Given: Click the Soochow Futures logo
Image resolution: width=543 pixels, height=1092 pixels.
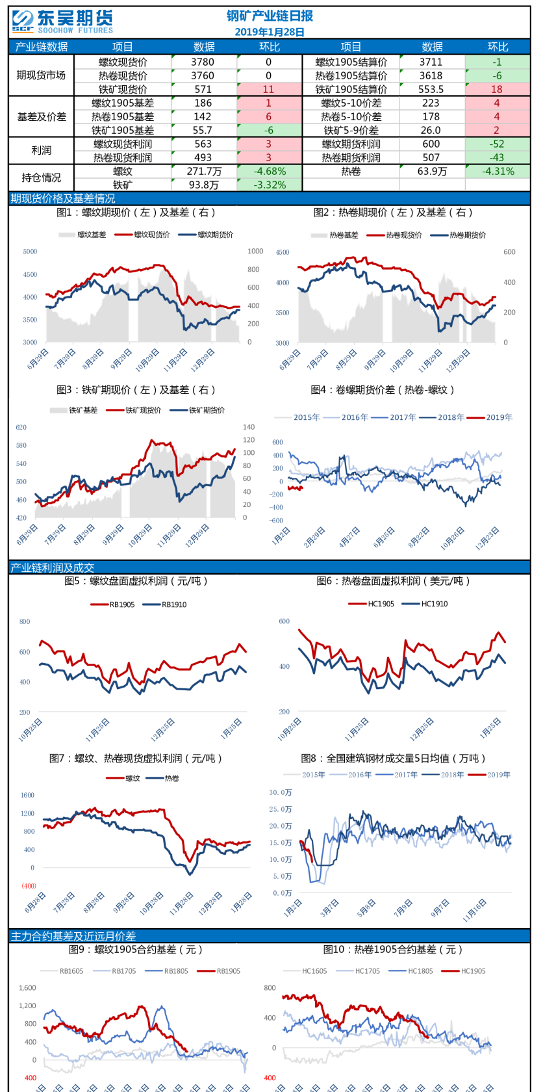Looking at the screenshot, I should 62,21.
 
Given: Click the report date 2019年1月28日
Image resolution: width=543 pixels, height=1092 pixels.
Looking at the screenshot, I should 269,32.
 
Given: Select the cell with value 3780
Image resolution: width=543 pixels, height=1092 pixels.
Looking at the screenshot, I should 203,62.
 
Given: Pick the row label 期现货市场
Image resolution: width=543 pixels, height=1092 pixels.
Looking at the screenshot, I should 41,75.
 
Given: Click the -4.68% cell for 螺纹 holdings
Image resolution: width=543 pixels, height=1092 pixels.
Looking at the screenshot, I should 270,171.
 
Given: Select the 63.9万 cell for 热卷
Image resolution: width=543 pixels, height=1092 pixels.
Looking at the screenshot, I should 432,171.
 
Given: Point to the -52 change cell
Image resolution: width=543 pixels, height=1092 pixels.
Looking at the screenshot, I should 497,144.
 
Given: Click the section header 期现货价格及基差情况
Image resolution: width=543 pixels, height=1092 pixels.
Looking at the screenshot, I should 63,198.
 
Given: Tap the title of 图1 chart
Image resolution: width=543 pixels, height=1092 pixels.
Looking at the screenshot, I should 136,213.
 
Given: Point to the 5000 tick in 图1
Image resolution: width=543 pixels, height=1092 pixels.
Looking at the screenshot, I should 30,252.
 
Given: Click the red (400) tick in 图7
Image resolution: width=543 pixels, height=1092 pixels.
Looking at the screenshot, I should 29,886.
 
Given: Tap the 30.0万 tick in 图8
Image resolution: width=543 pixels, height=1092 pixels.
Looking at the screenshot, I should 281,792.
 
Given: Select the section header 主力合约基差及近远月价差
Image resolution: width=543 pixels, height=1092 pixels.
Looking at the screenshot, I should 73,936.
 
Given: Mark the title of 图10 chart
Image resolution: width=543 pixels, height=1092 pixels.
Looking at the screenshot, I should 392,950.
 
